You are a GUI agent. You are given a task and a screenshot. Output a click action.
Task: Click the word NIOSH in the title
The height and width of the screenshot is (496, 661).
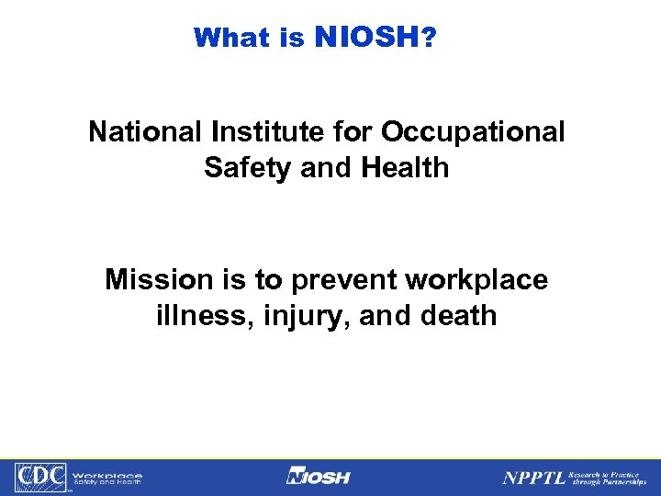[x=366, y=37]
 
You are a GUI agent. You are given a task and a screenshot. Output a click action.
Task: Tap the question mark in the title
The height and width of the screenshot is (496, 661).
[x=428, y=37]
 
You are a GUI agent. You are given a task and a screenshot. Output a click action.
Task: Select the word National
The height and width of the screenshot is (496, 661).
[x=147, y=132]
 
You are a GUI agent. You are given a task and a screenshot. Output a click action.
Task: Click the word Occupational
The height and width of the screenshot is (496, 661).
[x=473, y=132]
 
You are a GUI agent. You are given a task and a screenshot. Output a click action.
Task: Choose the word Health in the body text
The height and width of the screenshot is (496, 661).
[x=404, y=168]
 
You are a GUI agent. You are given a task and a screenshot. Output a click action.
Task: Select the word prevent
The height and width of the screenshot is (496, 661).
[x=336, y=280]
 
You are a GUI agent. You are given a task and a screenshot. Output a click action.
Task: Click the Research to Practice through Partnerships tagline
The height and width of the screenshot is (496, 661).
[x=608, y=477]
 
